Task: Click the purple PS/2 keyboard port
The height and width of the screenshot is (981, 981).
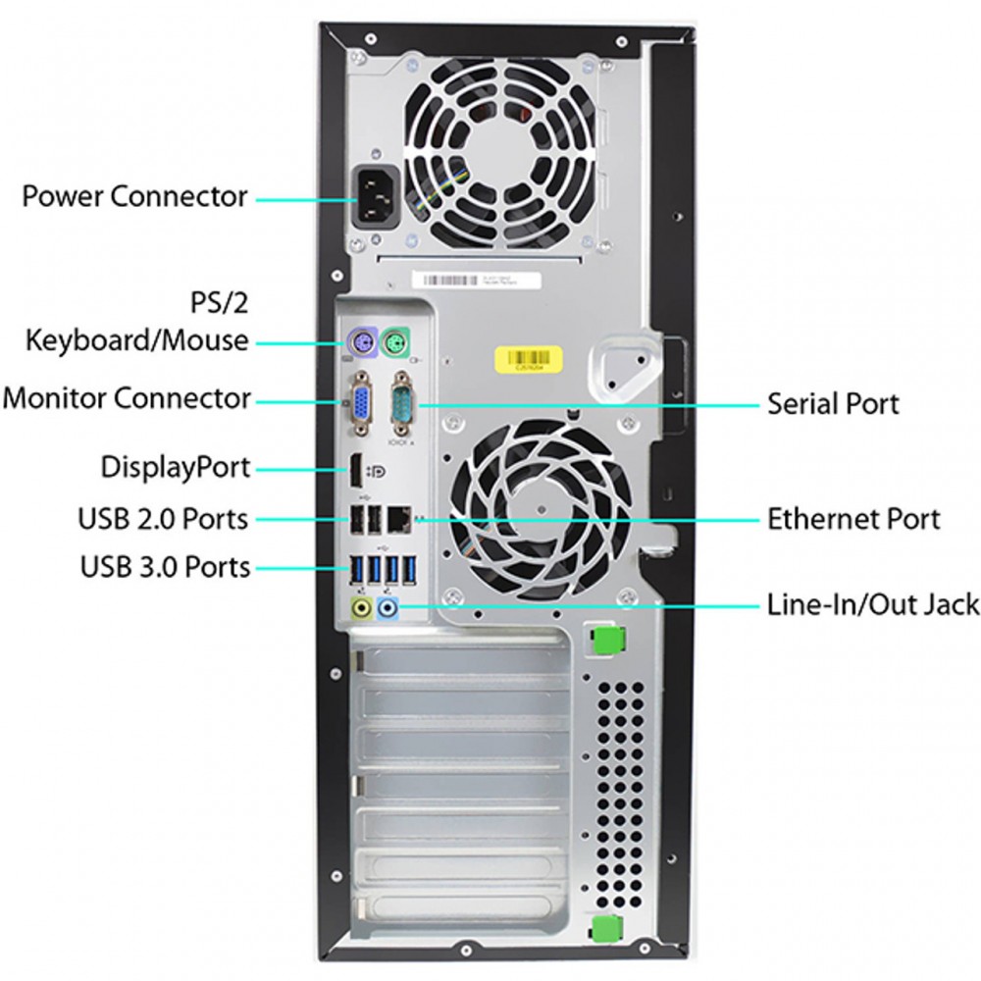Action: click(x=360, y=341)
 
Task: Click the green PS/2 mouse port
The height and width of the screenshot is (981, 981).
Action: click(x=396, y=341)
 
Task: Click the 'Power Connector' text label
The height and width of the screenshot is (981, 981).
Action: click(x=135, y=196)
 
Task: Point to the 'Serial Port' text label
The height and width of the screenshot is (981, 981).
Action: click(x=833, y=403)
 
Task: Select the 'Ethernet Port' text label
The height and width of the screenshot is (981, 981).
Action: click(x=853, y=518)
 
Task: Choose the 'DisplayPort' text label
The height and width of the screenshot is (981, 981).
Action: click(x=176, y=467)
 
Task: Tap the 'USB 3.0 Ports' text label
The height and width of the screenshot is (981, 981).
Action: click(x=164, y=567)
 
